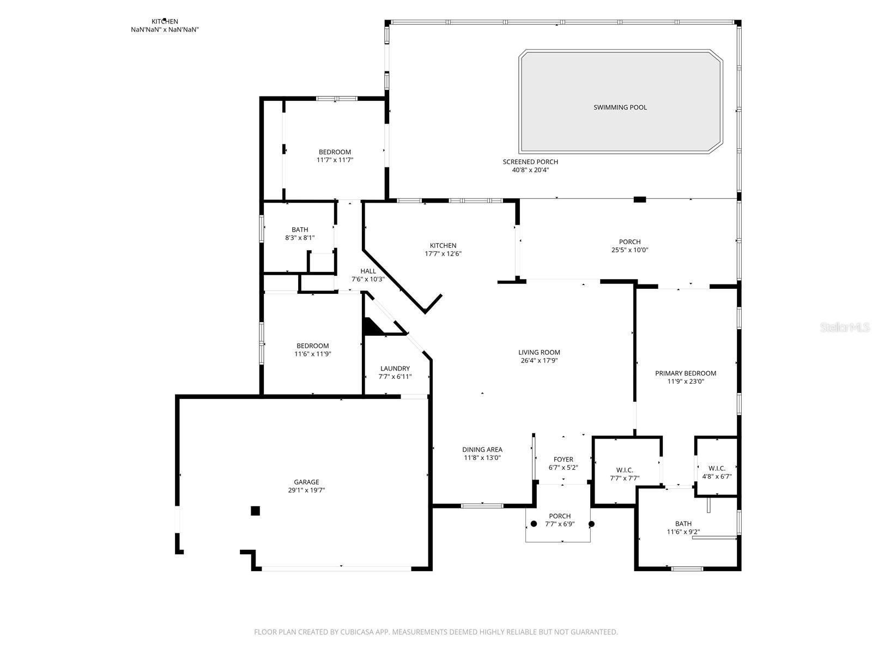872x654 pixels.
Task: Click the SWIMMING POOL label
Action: tap(620, 107)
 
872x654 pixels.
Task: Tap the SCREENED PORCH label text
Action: tap(530, 162)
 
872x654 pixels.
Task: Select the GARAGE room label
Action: tap(306, 482)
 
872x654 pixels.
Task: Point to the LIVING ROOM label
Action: tap(539, 352)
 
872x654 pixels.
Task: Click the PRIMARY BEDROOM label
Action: tap(685, 373)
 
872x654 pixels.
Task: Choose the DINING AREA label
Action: tap(482, 450)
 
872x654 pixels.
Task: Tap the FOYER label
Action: tap(564, 459)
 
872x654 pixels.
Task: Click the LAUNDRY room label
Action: tap(395, 368)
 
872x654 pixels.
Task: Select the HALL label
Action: tap(368, 271)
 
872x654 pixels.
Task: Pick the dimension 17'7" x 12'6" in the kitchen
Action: tap(443, 254)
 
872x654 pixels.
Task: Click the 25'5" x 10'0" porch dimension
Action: tap(629, 250)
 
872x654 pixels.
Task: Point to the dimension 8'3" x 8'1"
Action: tap(300, 238)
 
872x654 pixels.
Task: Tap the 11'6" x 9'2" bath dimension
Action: tap(683, 532)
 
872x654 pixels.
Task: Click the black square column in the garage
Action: tap(255, 511)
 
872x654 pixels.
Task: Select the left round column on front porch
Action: tap(534, 524)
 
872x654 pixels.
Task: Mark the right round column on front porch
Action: tap(591, 524)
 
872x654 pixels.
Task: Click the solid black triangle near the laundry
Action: tap(371, 327)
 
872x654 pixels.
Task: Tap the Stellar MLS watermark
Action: tap(845, 327)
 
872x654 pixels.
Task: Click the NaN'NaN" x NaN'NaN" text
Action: tap(165, 29)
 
